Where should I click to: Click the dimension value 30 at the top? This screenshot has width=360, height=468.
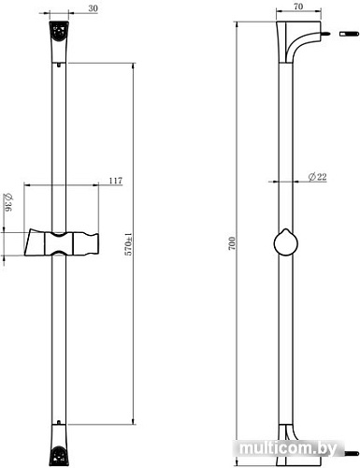93,8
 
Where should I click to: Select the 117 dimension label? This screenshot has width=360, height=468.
116,181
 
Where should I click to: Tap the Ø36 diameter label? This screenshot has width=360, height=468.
7,202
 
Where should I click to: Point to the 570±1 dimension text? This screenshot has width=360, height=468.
128,244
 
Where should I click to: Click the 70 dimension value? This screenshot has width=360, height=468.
298,7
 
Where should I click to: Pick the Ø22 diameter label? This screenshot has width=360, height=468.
317,177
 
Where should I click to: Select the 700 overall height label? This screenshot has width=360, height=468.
232,243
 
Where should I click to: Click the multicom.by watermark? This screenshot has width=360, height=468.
289,448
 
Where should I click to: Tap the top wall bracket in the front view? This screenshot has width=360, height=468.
59,42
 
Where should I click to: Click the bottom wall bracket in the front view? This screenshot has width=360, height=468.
59,445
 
